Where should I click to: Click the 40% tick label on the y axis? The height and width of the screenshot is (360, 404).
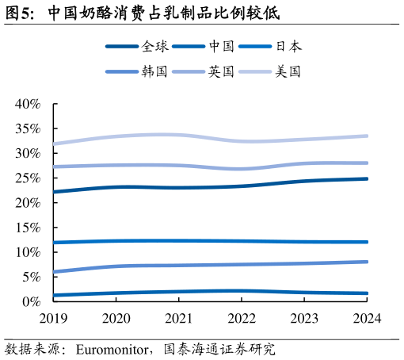[27, 104]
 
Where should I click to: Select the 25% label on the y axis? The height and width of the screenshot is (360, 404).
[27, 178]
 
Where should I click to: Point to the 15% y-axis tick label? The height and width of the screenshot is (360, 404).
[27, 228]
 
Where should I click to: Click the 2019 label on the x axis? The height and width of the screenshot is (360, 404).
[54, 318]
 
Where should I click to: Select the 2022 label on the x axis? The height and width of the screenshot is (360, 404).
[242, 318]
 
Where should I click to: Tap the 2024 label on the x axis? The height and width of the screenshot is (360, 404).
[367, 318]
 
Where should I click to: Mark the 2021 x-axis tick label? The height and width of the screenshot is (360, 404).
[179, 318]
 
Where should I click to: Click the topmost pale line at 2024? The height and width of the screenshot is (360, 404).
[367, 136]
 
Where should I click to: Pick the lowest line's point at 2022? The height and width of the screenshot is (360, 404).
[242, 291]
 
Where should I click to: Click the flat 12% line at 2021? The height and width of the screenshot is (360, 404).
[179, 241]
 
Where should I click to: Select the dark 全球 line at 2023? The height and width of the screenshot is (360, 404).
[304, 181]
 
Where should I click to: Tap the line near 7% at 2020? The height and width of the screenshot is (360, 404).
[116, 266]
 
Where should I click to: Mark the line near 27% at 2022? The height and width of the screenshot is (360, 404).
[242, 169]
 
